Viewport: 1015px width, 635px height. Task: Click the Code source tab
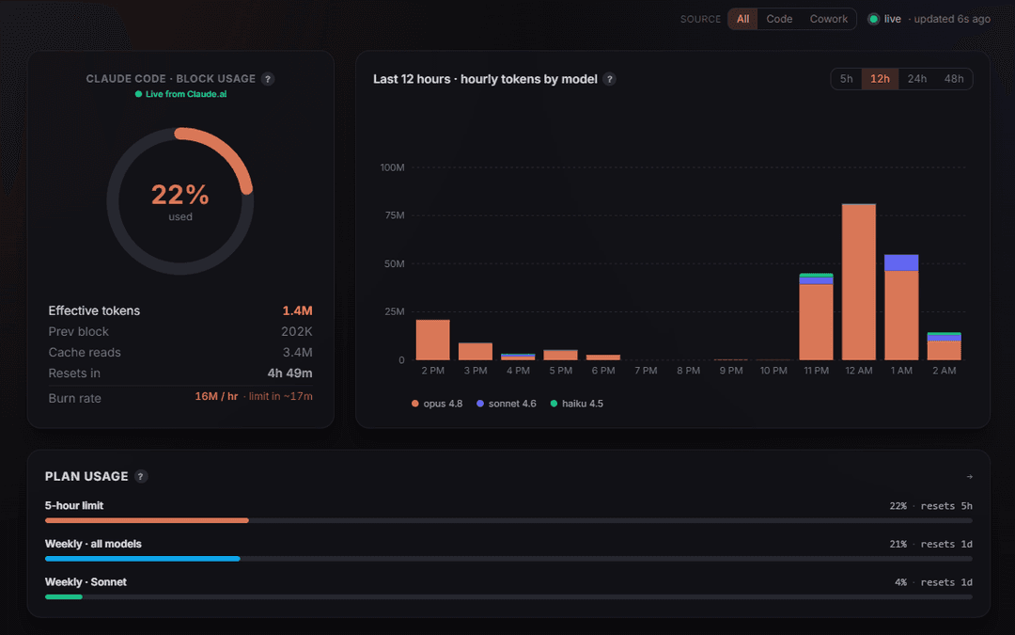click(779, 19)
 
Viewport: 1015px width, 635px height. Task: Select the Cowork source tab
click(828, 19)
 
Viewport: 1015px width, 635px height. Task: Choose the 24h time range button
click(916, 79)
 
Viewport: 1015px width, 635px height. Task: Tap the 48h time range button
click(954, 79)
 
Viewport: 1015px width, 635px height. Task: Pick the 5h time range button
click(846, 79)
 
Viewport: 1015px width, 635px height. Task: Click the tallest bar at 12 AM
click(859, 282)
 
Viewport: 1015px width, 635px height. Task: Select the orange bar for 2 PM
click(433, 341)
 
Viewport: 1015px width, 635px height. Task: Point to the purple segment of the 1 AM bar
click(901, 262)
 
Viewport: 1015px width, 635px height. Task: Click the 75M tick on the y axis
click(394, 215)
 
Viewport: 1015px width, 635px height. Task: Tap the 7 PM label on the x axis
click(646, 371)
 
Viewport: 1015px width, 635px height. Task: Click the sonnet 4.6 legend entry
click(507, 404)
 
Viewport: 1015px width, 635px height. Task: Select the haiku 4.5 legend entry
click(576, 404)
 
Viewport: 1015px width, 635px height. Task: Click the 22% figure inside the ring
click(180, 195)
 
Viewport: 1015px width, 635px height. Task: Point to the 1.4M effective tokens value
click(297, 311)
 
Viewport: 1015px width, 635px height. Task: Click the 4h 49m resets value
click(289, 373)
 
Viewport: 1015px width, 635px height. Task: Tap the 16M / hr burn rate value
click(216, 397)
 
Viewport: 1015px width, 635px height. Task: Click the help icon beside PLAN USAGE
click(140, 476)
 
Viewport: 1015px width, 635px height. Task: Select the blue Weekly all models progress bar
click(143, 559)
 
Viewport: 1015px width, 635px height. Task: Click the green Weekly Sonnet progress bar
click(64, 596)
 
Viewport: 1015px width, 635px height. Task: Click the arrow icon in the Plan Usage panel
click(969, 477)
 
